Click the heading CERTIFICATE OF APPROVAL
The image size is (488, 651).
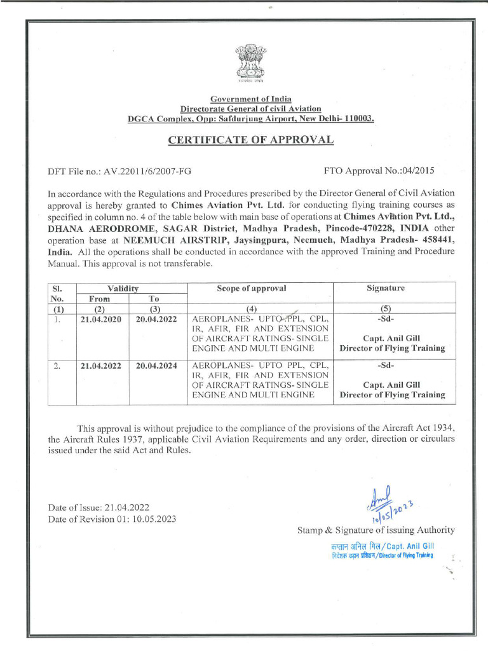coord(250,140)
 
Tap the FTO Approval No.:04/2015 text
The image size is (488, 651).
coord(379,171)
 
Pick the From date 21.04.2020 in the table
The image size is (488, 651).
coord(100,320)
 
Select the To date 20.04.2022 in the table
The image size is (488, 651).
coord(157,320)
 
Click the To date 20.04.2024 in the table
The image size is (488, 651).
coord(157,366)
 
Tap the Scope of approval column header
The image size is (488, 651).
coord(251,288)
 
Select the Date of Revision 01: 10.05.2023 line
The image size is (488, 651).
coord(112,519)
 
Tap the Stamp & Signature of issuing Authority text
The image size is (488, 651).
coord(376,530)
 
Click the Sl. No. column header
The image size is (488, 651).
coord(57,293)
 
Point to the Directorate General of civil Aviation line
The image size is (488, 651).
coord(250,109)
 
